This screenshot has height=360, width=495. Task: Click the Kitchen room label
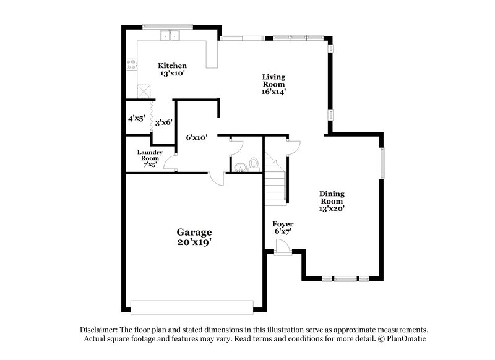(x=172, y=69)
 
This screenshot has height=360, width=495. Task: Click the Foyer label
(x=282, y=227)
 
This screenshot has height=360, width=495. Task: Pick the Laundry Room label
(x=150, y=158)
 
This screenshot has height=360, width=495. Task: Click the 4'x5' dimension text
(x=136, y=118)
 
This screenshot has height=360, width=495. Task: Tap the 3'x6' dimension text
(x=163, y=122)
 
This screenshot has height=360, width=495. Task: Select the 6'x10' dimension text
(x=196, y=137)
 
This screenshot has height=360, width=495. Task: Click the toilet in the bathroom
(x=252, y=165)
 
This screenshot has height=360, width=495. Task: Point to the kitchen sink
(x=170, y=35)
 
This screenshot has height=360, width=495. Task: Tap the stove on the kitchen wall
(x=131, y=62)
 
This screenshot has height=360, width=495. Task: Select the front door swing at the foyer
(x=282, y=246)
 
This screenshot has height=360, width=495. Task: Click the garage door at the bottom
(x=192, y=305)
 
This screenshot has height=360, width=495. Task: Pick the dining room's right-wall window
(x=382, y=163)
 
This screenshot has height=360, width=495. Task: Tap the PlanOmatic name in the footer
(x=403, y=339)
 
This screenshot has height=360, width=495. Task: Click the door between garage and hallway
(x=217, y=179)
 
